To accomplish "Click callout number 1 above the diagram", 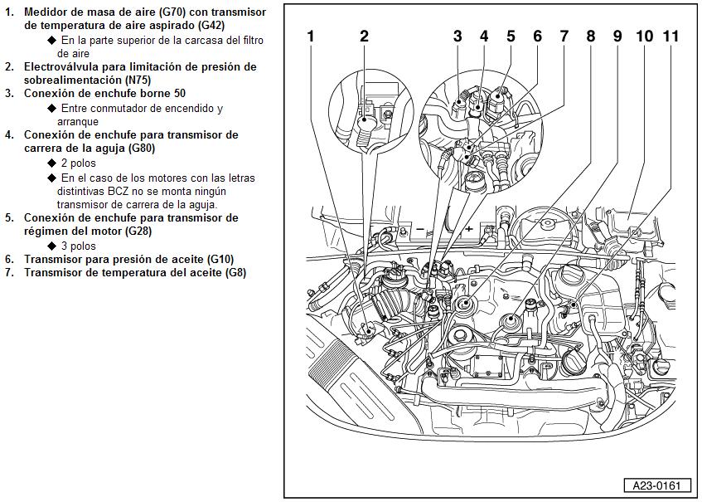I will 310,37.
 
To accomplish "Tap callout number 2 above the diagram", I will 364,37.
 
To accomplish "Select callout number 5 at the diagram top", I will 511,37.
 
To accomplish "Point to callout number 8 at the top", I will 590,37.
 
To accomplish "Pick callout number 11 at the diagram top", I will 671,37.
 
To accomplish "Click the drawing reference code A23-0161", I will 656,485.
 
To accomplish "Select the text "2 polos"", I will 79,163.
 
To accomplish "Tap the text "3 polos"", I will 79,246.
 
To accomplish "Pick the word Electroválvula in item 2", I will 62,66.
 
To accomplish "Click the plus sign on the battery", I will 468,228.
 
